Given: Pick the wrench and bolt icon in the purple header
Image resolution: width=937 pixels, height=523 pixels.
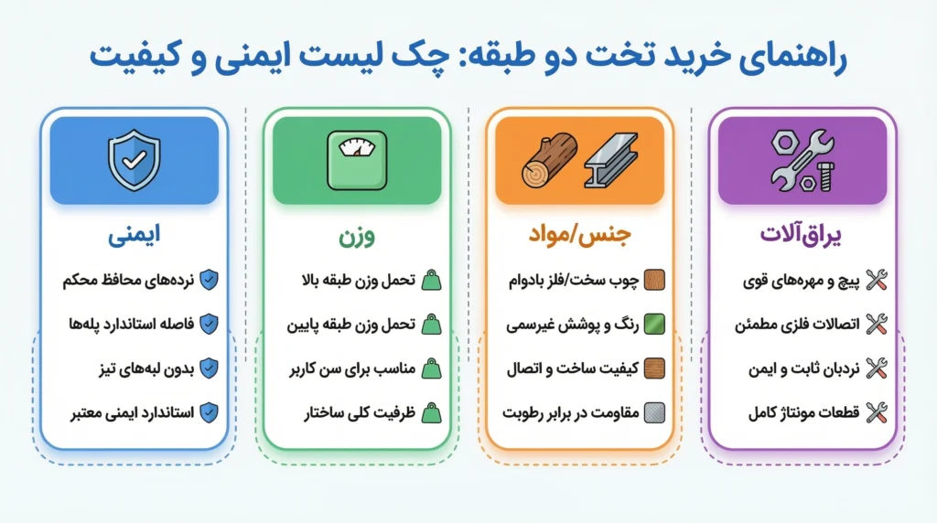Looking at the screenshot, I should click(x=802, y=159).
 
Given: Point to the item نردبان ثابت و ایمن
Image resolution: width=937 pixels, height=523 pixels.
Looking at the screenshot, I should click(x=794, y=368).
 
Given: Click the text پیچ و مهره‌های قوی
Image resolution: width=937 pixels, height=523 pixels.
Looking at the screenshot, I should click(x=797, y=279).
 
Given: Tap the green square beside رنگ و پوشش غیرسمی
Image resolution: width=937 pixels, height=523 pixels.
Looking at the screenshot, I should click(x=655, y=324).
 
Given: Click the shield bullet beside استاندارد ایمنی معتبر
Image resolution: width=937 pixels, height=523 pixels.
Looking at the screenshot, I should click(x=209, y=413).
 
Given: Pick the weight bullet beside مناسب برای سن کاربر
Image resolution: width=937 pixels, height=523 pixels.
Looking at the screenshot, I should click(x=431, y=368).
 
